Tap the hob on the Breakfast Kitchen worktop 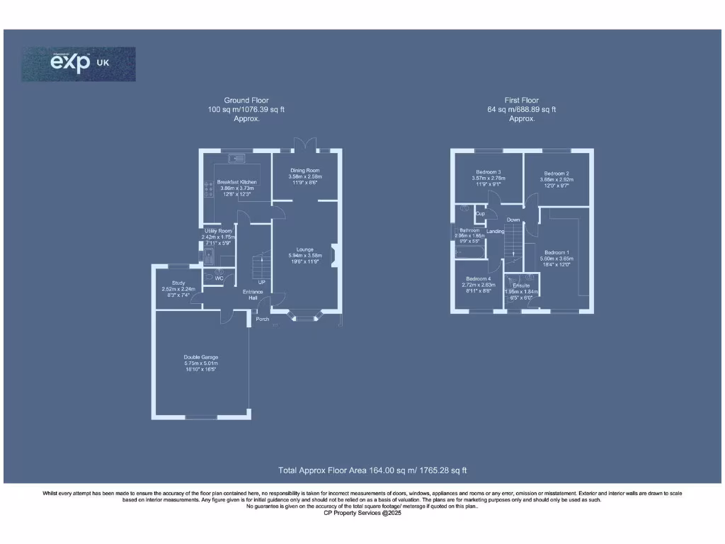click(x=209, y=188)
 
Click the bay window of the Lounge click(x=306, y=317)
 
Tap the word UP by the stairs click(x=261, y=282)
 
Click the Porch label click(x=263, y=319)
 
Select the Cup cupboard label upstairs click(x=480, y=213)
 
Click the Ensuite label click(x=520, y=285)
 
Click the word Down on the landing click(x=513, y=220)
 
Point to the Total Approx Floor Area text click(x=372, y=470)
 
